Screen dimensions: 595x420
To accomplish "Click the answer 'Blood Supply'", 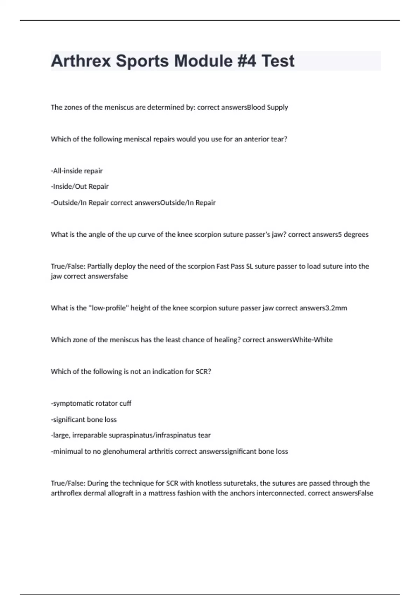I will coord(267,107).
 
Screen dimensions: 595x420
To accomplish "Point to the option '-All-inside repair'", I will coord(77,171).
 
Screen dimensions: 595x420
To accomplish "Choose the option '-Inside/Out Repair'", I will coord(79,187).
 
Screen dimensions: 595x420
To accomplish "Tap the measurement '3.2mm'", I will coord(336,308).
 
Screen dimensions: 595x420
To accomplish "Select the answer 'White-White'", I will coord(313,340).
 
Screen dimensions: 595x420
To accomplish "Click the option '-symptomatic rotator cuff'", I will coord(91,404).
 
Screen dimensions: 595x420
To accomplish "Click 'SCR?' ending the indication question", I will coord(203,372).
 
